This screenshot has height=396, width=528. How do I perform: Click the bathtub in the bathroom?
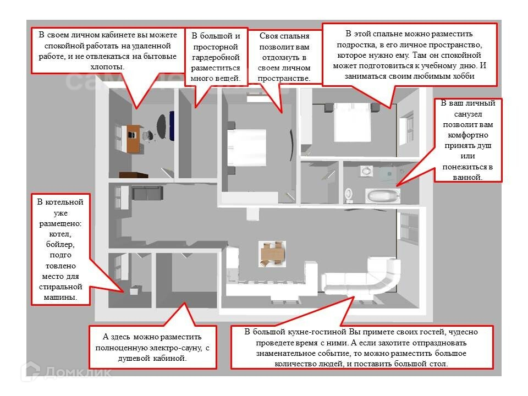tap(382, 195)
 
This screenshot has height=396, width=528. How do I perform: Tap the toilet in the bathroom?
tap(348, 194)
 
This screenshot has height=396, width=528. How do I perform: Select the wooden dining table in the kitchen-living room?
tap(273, 254)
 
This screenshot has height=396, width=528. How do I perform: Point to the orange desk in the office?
tap(133, 138)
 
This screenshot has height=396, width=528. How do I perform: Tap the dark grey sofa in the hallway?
tap(146, 193)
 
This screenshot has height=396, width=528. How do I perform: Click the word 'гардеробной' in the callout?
tap(216, 57)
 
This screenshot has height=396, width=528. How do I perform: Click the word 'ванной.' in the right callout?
tap(468, 177)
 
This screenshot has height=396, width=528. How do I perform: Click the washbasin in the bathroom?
tap(366, 172)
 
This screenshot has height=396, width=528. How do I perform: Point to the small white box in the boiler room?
tap(134, 291)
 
